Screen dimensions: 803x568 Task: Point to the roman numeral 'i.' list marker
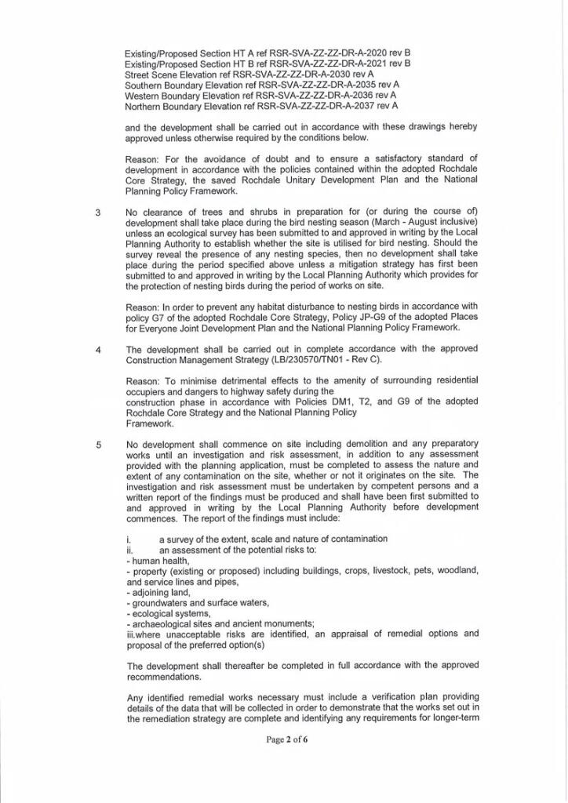(128, 539)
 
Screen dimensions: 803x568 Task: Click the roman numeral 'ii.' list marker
(129, 550)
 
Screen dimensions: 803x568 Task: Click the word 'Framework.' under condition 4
(150, 423)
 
